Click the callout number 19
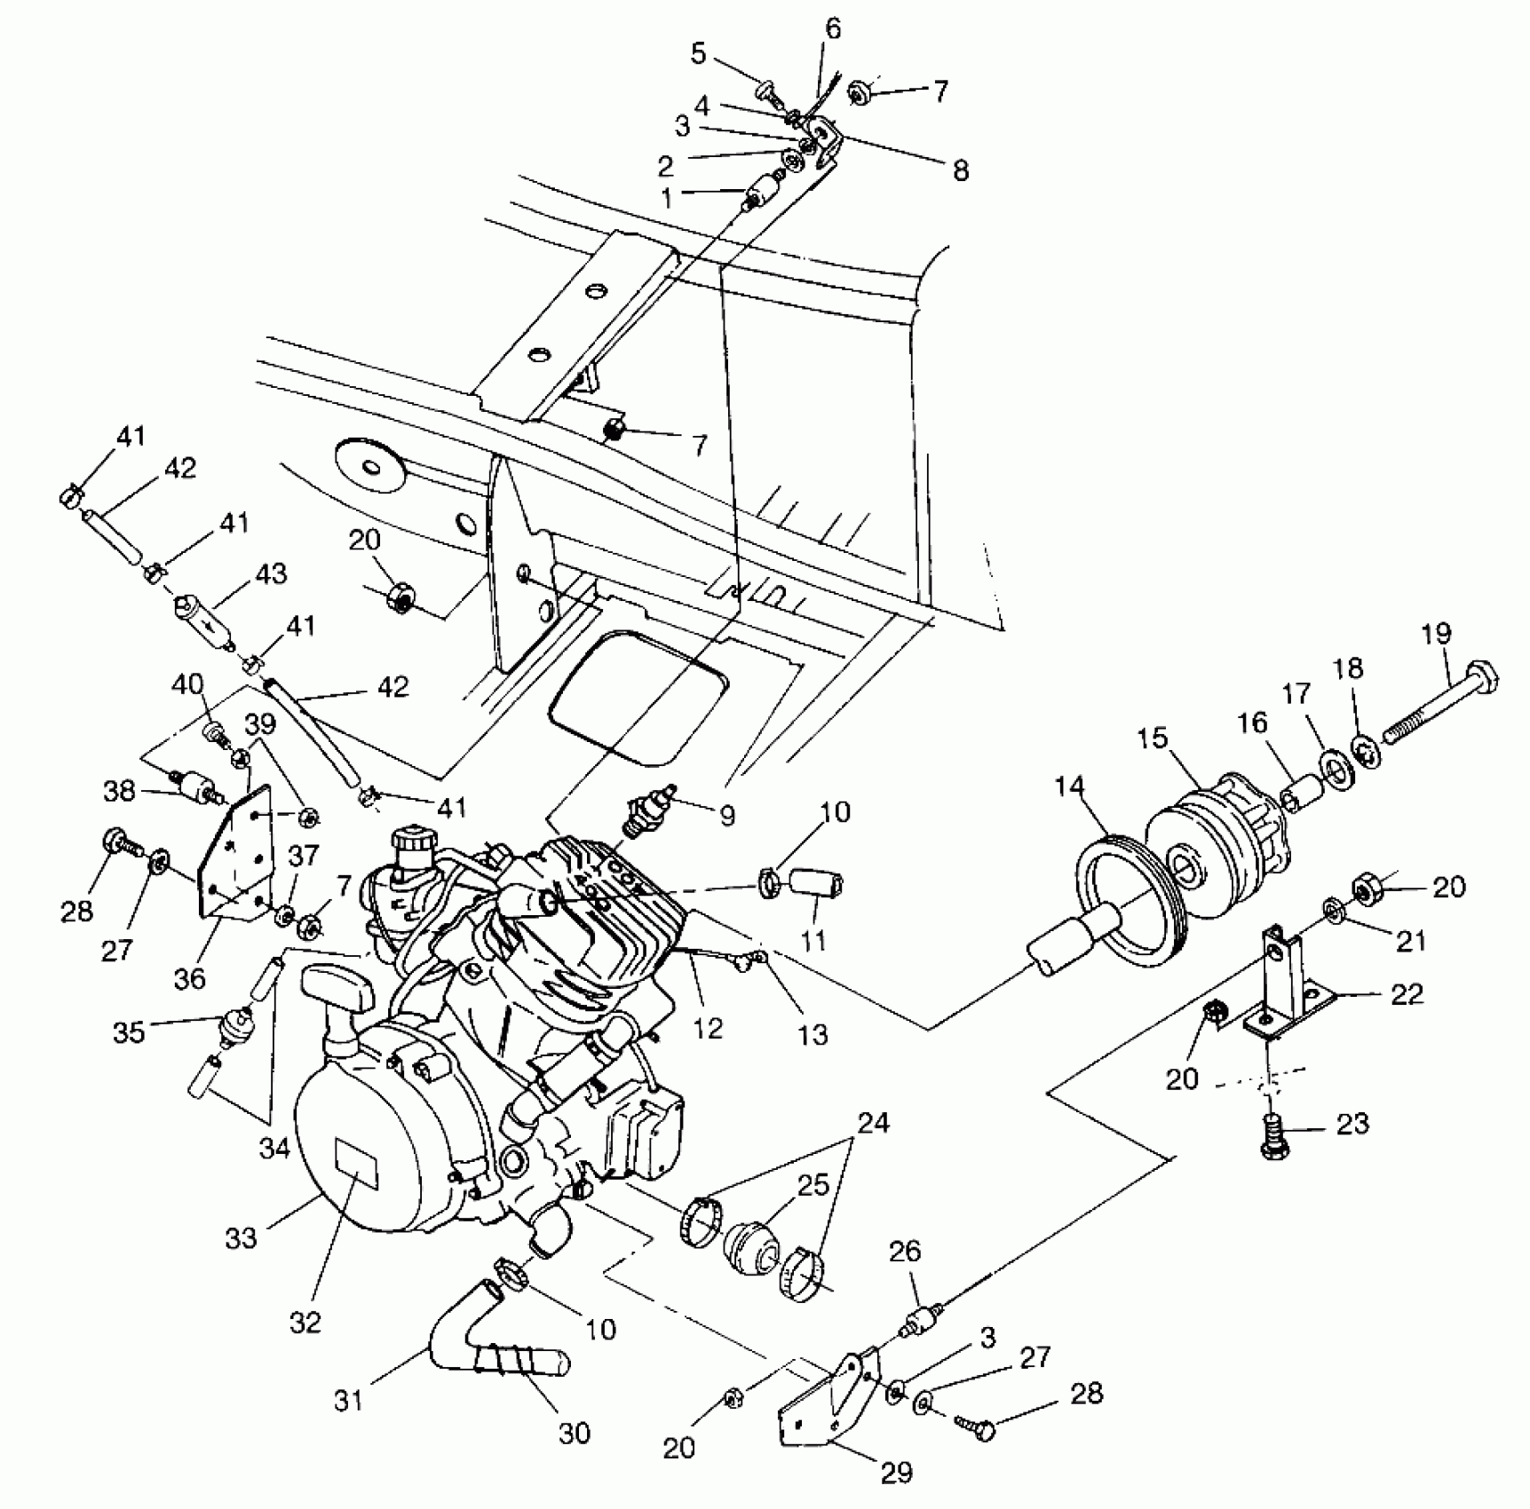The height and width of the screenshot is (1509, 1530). tap(1436, 634)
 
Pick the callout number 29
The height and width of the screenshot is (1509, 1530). tap(897, 1473)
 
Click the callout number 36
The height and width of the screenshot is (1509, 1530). tap(189, 978)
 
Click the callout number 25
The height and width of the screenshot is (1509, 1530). tap(813, 1185)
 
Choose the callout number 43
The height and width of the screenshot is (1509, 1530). tap(271, 575)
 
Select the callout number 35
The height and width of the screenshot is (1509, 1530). tap(130, 1032)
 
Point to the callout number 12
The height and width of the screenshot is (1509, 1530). tap(708, 1027)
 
